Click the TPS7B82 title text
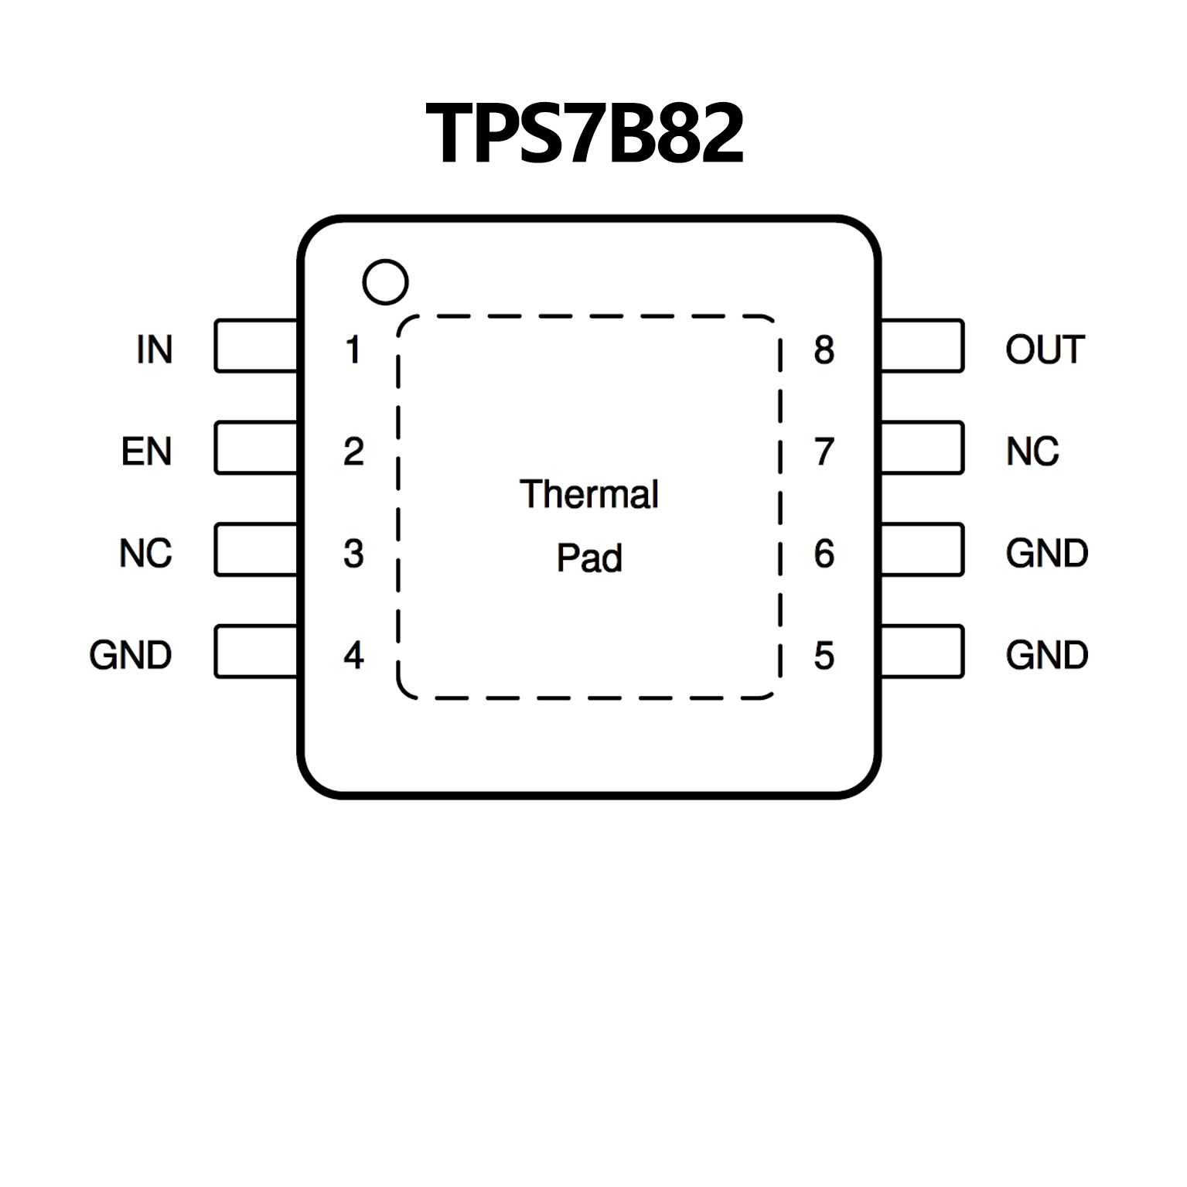(x=585, y=134)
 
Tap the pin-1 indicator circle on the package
(x=385, y=282)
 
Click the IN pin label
(x=154, y=350)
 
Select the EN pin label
(x=146, y=452)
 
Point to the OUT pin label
(x=1045, y=350)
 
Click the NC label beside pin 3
(x=145, y=554)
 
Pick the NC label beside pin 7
(x=1032, y=452)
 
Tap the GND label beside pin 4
(x=130, y=656)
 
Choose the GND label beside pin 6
(x=1046, y=554)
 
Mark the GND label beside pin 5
(x=1046, y=656)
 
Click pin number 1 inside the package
(x=353, y=350)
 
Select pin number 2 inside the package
(x=353, y=452)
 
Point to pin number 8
(x=824, y=350)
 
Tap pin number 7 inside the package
(x=824, y=452)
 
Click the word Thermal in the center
(x=588, y=494)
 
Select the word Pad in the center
(x=588, y=558)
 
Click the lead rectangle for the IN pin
(x=256, y=346)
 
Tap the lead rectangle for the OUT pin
(x=922, y=346)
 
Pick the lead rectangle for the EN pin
(x=256, y=448)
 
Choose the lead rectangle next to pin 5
(x=922, y=652)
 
